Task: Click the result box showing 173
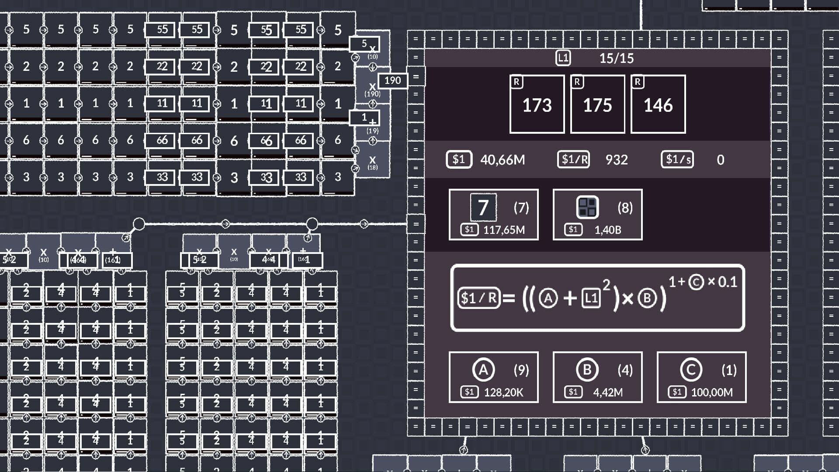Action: click(537, 104)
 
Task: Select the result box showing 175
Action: click(597, 104)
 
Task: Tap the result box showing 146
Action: click(658, 104)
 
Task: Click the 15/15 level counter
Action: click(616, 58)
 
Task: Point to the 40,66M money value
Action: click(503, 160)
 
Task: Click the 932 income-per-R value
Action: click(617, 160)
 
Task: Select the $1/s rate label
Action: click(677, 160)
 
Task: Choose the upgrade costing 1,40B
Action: click(597, 215)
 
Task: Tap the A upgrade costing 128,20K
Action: click(493, 377)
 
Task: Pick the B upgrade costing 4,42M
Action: click(597, 377)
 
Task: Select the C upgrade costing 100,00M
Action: click(701, 377)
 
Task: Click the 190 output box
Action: click(392, 80)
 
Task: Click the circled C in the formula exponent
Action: click(696, 282)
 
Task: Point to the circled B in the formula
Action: click(647, 298)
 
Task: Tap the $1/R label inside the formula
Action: click(479, 298)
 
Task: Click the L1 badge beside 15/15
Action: click(563, 58)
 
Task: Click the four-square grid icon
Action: click(587, 207)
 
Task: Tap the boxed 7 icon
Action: click(483, 207)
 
